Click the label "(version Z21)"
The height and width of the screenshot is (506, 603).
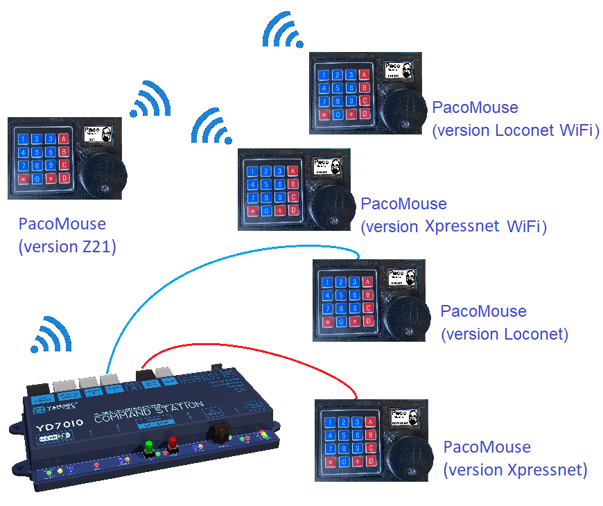pyautogui.click(x=67, y=246)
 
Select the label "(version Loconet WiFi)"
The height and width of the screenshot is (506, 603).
pyautogui.click(x=515, y=130)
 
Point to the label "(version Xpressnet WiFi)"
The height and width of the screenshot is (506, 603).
pyautogui.click(x=454, y=227)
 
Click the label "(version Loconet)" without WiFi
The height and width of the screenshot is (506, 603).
pyautogui.click(x=505, y=334)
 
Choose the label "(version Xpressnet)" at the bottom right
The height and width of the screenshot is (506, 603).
pyautogui.click(x=515, y=470)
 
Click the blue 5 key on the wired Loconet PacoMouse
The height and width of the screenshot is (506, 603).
pyautogui.click(x=340, y=295)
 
